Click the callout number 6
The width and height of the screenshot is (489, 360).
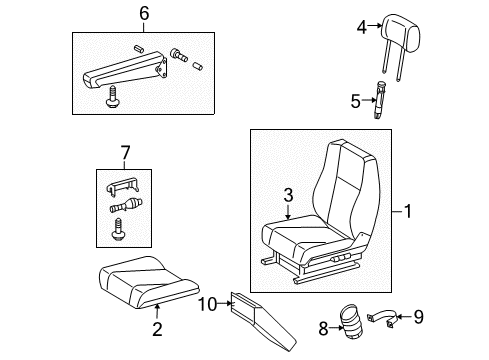(x=144, y=13)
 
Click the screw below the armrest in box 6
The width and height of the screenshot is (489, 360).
(x=108, y=99)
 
